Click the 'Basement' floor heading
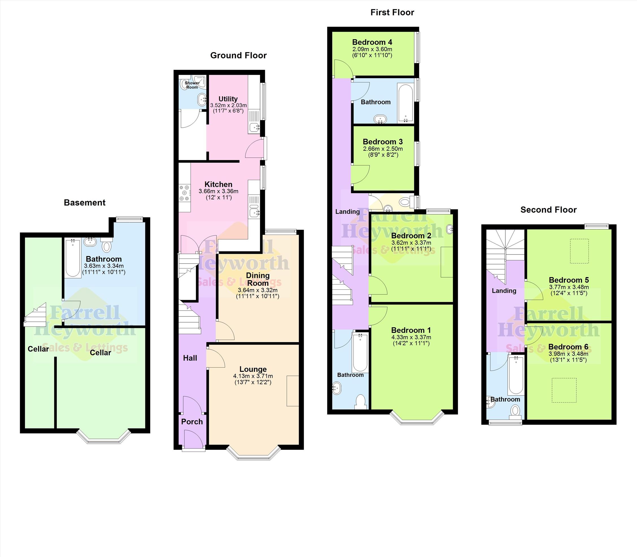pos(84,203)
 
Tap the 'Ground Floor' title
pos(238,55)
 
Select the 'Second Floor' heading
pos(548,210)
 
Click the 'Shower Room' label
pos(192,85)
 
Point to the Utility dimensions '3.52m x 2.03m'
pos(228,105)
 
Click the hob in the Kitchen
pos(184,193)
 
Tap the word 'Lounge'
pos(253,369)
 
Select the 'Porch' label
pos(192,421)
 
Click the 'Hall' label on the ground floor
pos(190,358)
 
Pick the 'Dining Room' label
pos(258,279)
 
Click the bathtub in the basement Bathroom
pos(73,258)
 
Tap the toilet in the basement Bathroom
pos(107,245)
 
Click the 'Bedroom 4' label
pos(372,42)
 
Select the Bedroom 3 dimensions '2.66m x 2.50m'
pos(383,149)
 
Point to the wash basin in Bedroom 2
pos(450,230)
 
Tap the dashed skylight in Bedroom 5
pos(579,251)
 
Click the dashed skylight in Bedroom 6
pos(564,390)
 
